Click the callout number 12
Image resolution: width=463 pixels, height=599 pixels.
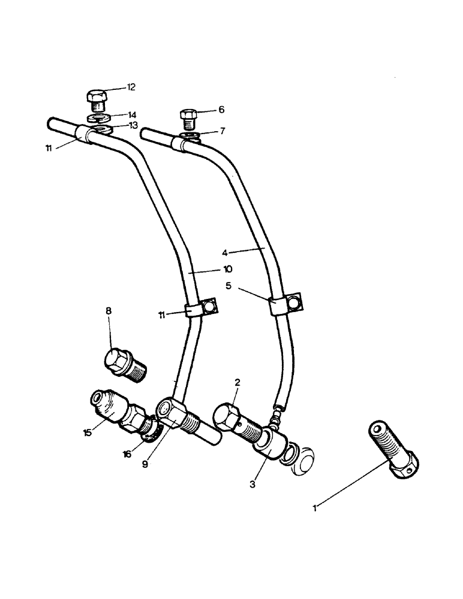[130, 87]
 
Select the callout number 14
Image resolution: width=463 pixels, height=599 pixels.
[131, 114]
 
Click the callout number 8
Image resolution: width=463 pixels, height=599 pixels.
[109, 311]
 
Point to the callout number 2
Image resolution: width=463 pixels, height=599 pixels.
[237, 382]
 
